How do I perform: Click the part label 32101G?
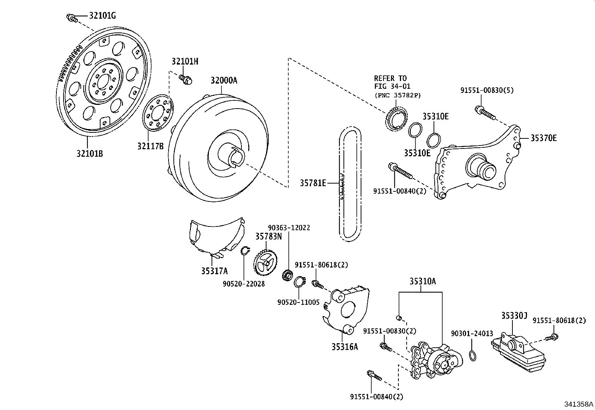click(x=102, y=16)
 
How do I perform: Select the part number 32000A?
click(x=224, y=80)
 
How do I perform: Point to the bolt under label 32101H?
click(x=185, y=79)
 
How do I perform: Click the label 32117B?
click(x=150, y=146)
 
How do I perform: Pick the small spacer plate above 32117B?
click(x=158, y=113)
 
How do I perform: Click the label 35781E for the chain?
click(x=313, y=183)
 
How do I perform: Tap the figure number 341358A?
click(x=579, y=404)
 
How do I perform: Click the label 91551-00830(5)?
click(x=487, y=90)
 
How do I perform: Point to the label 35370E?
click(x=543, y=138)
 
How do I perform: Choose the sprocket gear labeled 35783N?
click(x=265, y=262)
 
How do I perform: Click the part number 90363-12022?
click(x=289, y=228)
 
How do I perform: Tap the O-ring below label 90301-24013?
click(x=473, y=356)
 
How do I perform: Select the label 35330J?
click(x=514, y=315)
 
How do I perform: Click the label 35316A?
click(x=345, y=347)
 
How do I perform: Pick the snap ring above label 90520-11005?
click(x=300, y=282)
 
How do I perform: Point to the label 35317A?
click(x=215, y=271)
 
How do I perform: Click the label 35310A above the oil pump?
click(x=423, y=281)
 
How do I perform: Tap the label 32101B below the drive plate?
click(x=90, y=153)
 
